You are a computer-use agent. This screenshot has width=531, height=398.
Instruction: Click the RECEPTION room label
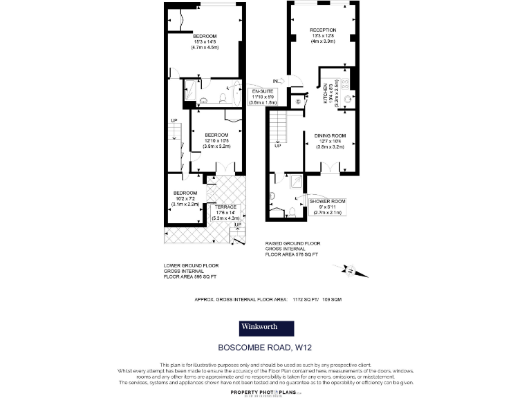coord(324,30)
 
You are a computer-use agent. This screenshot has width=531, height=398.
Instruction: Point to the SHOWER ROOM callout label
coord(328,201)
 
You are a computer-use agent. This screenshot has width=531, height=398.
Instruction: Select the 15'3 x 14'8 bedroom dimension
coord(205,42)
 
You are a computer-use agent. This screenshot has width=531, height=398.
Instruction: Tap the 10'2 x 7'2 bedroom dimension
coord(186,198)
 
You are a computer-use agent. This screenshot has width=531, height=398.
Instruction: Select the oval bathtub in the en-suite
coord(233,95)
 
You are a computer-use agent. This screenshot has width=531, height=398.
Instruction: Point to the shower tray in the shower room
coord(295,181)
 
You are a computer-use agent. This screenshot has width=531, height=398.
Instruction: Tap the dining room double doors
coord(330,167)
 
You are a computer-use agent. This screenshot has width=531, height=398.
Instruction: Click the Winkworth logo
coord(266,328)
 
